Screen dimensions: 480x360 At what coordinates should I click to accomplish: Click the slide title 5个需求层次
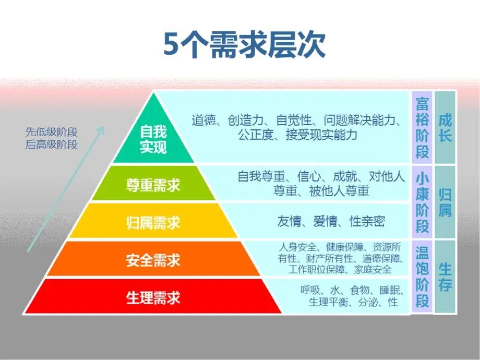pyautogui.click(x=244, y=45)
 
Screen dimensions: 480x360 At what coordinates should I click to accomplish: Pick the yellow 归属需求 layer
pyautogui.click(x=153, y=221)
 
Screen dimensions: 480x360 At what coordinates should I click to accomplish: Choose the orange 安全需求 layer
pyautogui.click(x=153, y=259)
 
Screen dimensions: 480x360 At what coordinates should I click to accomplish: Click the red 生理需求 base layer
pyautogui.click(x=153, y=296)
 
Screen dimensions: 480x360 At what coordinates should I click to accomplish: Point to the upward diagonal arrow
pyautogui.click(x=66, y=189)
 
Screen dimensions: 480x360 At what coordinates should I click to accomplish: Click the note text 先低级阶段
pyautogui.click(x=52, y=132)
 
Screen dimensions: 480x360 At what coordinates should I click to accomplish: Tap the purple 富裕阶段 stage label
pyautogui.click(x=422, y=127)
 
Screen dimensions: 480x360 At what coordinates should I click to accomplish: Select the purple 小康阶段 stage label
pyautogui.click(x=422, y=202)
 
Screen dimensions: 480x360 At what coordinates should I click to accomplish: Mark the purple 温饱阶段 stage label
pyautogui.click(x=422, y=277)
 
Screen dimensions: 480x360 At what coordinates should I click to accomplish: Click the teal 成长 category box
pyautogui.click(x=445, y=127)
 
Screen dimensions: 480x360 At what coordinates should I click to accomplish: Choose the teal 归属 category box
pyautogui.click(x=445, y=202)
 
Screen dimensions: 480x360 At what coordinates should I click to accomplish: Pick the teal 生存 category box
pyautogui.click(x=445, y=277)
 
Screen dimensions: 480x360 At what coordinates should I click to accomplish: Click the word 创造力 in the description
pyautogui.click(x=245, y=121)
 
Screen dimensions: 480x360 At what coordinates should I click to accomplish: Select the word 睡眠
pyautogui.click(x=389, y=290)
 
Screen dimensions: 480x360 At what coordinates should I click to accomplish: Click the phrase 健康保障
pyautogui.click(x=344, y=247)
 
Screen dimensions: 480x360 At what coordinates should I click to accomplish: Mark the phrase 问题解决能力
pyautogui.click(x=359, y=121)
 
